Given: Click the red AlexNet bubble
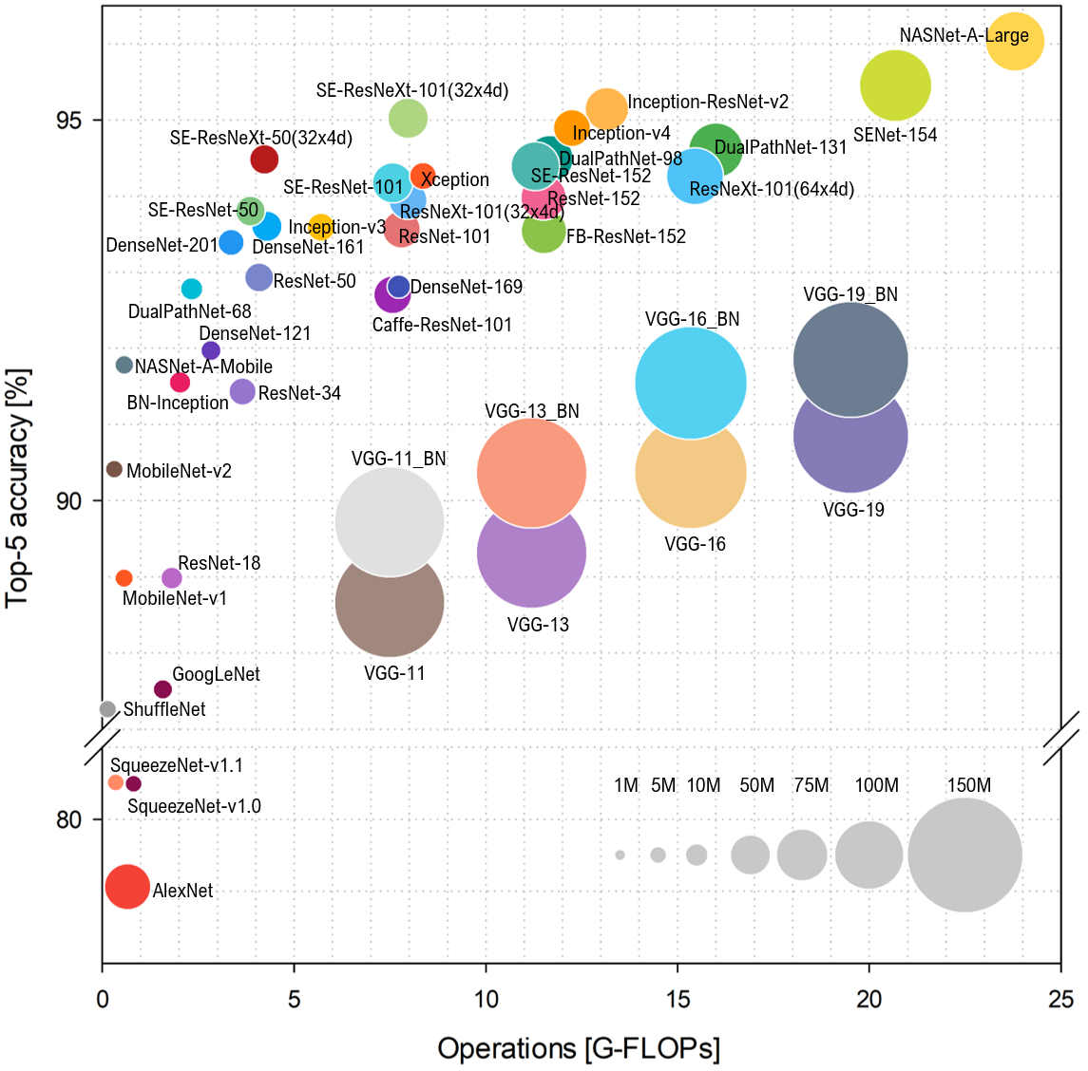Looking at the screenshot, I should (127, 887).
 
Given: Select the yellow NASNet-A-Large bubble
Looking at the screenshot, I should (1015, 42).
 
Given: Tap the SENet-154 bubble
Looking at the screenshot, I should (895, 85).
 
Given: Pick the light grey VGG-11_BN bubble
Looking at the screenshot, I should (390, 521).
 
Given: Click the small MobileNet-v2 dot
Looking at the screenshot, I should (114, 469).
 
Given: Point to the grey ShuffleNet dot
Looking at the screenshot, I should (107, 709).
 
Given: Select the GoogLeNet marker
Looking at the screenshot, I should (162, 689).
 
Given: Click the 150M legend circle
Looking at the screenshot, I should (964, 855).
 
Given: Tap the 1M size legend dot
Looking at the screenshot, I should (620, 855).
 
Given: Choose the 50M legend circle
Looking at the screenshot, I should (750, 855).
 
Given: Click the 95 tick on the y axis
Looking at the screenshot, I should (68, 121).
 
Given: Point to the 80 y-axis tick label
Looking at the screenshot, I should (68, 819).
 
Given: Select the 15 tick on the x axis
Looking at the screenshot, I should (678, 999).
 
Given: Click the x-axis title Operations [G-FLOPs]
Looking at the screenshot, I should (579, 1048).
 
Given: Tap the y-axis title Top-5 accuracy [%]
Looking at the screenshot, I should (19, 487).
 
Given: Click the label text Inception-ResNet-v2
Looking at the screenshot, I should (708, 102).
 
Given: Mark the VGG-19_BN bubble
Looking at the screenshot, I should (850, 359).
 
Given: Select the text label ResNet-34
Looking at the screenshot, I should (299, 393).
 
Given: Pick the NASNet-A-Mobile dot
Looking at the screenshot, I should (124, 365).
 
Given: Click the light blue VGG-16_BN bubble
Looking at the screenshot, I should (691, 382).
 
